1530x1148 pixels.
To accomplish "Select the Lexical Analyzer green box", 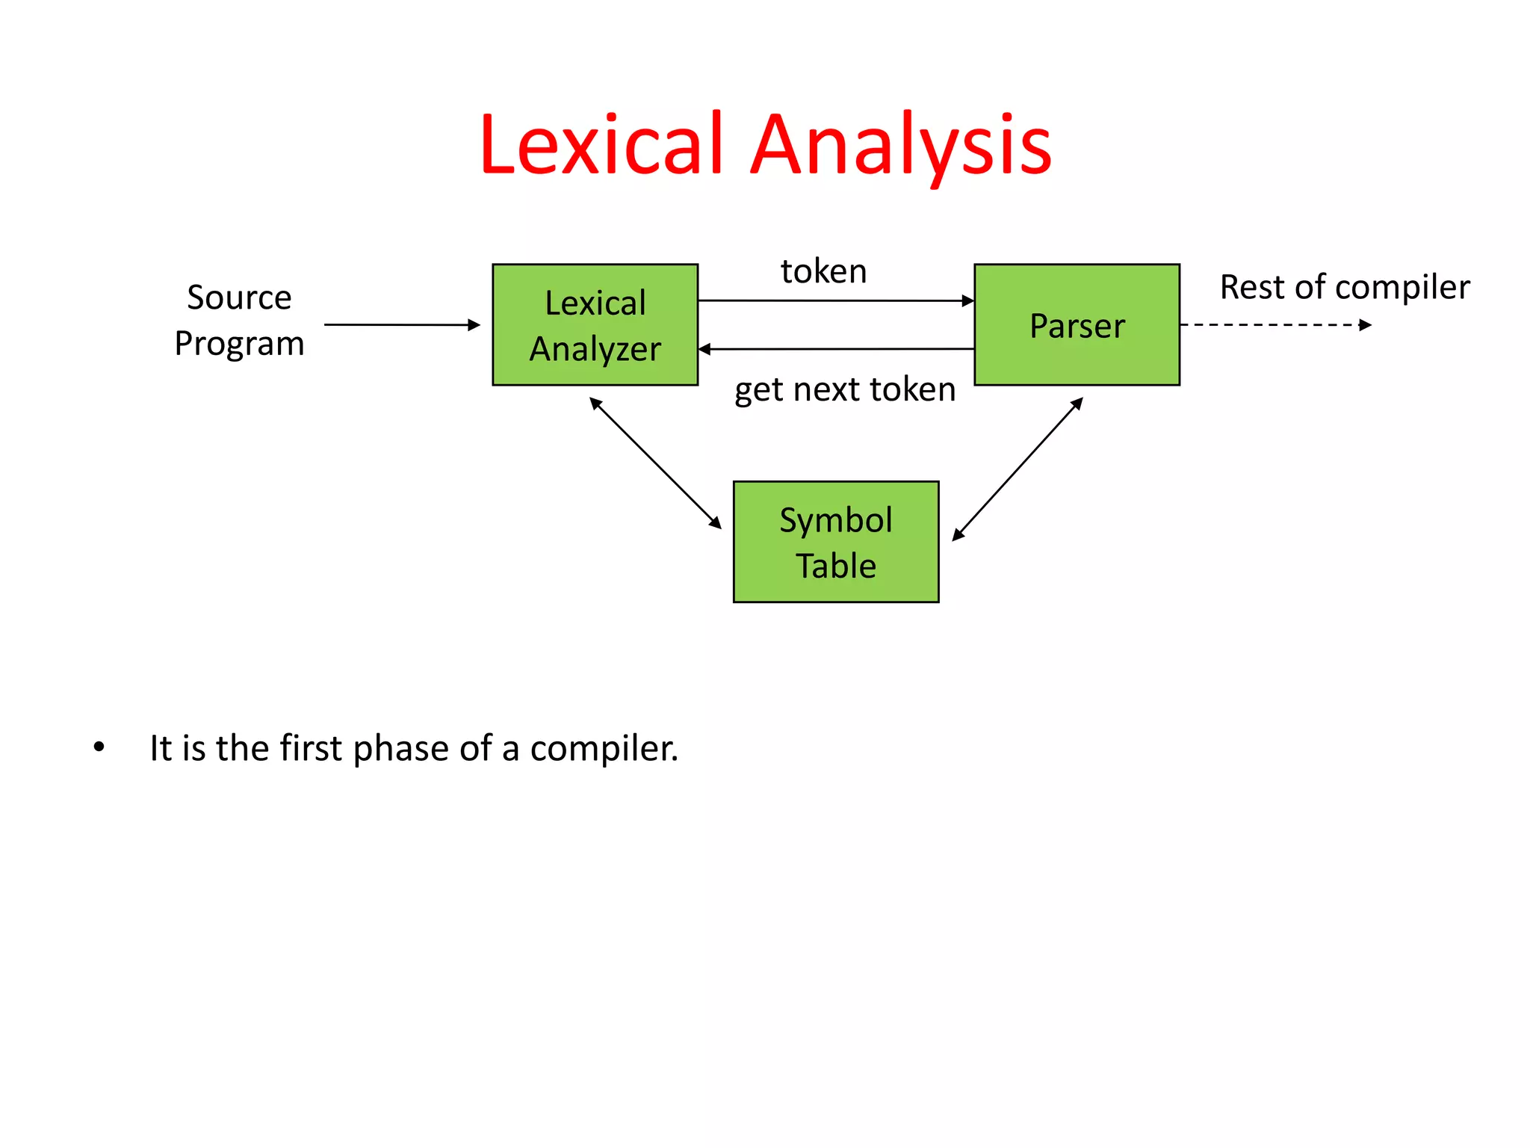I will coord(595,324).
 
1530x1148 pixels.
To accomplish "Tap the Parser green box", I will coord(1077,324).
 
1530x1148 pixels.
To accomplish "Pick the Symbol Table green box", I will coord(835,542).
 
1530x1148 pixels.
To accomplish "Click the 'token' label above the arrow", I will coord(823,271).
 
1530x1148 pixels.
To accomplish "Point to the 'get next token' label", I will coord(844,389).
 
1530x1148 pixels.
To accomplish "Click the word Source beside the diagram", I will coord(239,297).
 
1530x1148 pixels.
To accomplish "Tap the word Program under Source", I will coord(239,344).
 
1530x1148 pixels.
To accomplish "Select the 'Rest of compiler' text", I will coord(1344,287).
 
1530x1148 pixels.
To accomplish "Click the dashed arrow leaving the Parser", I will coord(1275,324).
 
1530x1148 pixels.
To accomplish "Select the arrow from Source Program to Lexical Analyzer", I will coord(402,324).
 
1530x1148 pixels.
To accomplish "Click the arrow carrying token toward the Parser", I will coord(835,300).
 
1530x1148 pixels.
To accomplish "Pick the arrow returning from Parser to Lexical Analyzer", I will coord(835,349).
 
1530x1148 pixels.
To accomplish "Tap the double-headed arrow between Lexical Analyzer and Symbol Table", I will coord(655,463).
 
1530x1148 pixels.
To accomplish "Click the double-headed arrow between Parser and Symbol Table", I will coord(1018,469).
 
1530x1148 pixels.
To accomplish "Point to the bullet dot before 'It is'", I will coord(99,747).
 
